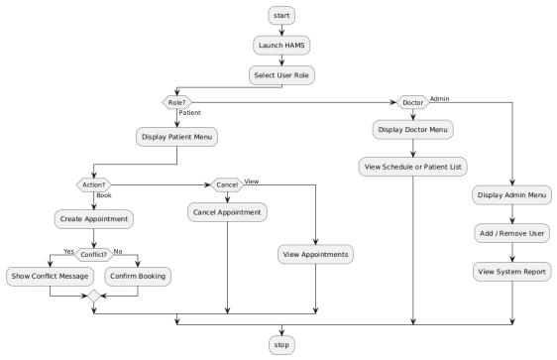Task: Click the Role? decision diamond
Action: (x=176, y=102)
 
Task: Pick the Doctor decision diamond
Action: (x=411, y=102)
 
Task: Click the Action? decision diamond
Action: (x=92, y=183)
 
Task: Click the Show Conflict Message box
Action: (x=51, y=275)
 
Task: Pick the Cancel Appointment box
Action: (x=227, y=210)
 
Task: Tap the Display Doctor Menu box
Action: (x=411, y=129)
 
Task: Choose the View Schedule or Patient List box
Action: (x=411, y=166)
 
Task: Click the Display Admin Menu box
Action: (x=512, y=194)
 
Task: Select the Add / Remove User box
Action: (x=512, y=232)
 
